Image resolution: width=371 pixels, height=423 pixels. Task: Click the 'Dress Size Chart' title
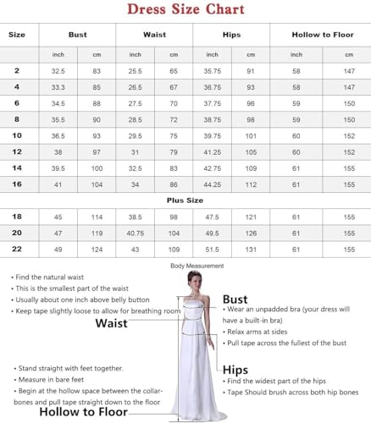[185, 9]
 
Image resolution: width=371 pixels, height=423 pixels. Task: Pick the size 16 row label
[17, 184]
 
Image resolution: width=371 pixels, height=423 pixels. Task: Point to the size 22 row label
[17, 250]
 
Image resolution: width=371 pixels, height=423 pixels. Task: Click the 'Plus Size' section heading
[185, 201]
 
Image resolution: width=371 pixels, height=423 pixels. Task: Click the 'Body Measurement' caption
[197, 266]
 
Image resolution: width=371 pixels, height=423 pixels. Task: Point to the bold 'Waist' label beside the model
[111, 323]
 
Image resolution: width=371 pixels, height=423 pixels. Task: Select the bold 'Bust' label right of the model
[235, 299]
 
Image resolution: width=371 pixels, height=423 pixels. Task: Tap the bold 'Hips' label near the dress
[235, 370]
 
